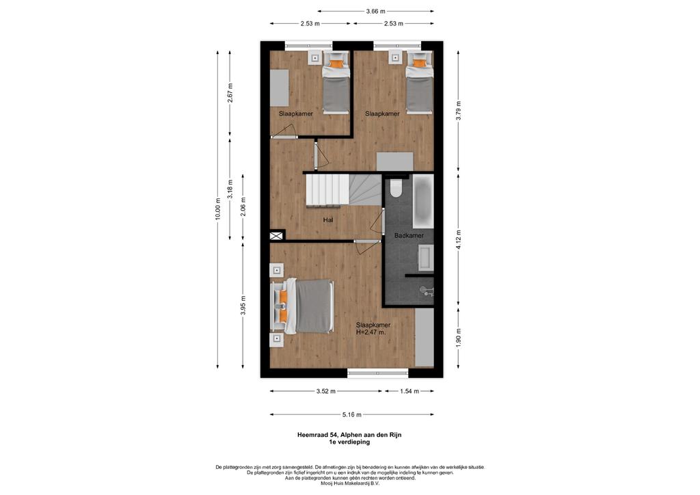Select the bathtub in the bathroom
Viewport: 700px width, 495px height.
[422, 201]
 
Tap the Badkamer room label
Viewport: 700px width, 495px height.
[409, 235]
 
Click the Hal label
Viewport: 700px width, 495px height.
[328, 219]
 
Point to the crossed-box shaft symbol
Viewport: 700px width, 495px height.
[276, 236]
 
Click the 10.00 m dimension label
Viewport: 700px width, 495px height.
[217, 209]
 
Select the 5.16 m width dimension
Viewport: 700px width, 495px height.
[352, 414]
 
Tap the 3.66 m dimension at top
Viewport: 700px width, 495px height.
[375, 12]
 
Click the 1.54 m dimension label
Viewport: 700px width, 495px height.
[409, 392]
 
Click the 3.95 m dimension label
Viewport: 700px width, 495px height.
[243, 306]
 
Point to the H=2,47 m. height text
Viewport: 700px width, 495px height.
[371, 332]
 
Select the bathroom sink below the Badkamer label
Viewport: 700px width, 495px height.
[425, 258]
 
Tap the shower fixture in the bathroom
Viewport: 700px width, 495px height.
[427, 291]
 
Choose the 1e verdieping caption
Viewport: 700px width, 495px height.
[349, 442]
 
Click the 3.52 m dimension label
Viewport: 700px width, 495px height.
[326, 392]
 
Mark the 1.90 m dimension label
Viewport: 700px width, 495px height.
[459, 338]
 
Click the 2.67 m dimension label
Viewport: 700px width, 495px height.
[230, 93]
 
